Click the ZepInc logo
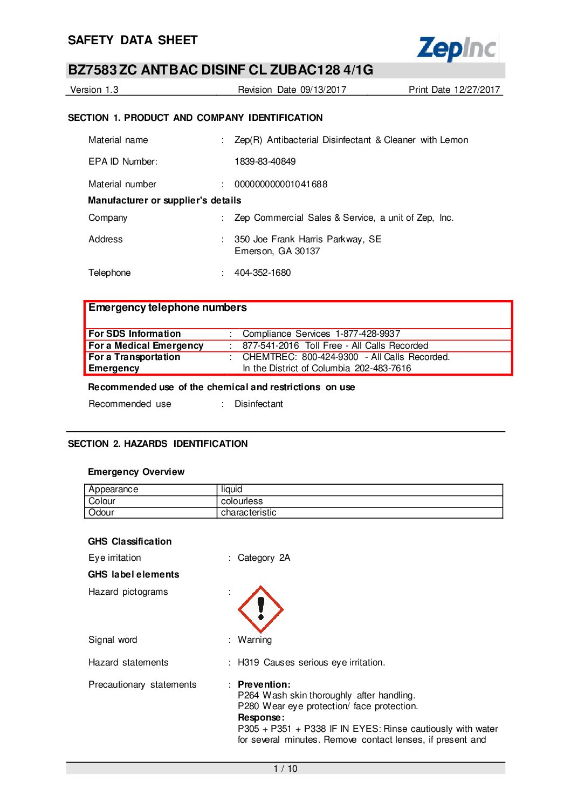click(x=457, y=49)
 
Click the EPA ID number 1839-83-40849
click(x=265, y=161)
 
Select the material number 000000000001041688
click(x=281, y=184)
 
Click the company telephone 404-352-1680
click(x=263, y=273)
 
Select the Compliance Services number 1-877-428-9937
click(x=368, y=334)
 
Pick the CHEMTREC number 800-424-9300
click(x=330, y=357)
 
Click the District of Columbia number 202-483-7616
click(x=383, y=368)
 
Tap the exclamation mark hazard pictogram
click(x=261, y=609)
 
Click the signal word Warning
click(x=254, y=640)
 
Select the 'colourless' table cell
click(x=242, y=501)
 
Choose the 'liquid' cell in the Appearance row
click(x=232, y=489)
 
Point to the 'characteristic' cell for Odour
click(x=249, y=512)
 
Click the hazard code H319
click(x=248, y=662)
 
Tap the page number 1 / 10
click(x=285, y=769)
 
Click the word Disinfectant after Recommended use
click(x=259, y=404)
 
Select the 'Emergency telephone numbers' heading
click(x=168, y=308)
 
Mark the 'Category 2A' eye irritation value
click(x=264, y=558)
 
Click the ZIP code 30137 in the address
click(x=307, y=251)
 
